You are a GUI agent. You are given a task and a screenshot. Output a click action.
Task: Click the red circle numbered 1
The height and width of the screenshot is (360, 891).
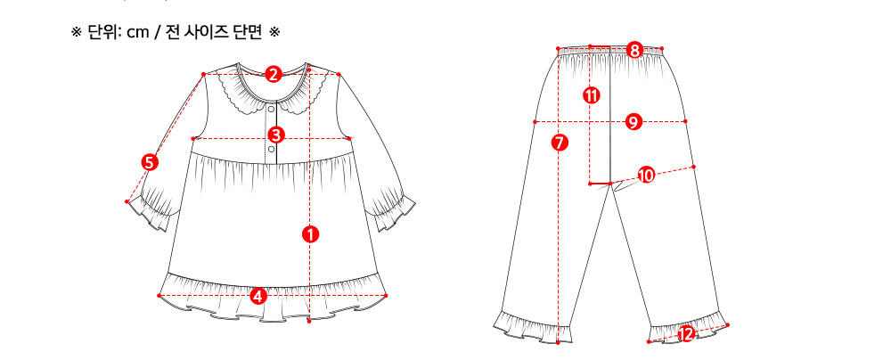pos(310,233)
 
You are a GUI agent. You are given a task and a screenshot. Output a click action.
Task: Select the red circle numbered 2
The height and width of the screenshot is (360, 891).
pos(274,74)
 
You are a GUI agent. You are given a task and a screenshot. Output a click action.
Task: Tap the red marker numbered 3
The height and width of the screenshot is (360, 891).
pos(275,135)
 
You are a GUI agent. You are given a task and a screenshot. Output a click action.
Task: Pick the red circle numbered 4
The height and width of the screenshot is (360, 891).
pos(258,296)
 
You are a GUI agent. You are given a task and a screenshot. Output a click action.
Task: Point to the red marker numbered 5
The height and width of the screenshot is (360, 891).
pos(150,162)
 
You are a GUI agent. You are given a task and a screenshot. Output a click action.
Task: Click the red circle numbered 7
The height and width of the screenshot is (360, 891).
pos(560,143)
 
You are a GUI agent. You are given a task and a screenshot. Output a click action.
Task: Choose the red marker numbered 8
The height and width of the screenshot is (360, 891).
pos(634,50)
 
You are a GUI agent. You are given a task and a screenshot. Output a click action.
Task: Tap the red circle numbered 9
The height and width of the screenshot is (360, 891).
pos(634,122)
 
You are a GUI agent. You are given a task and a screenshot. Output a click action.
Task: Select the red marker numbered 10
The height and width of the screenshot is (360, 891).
pos(646,176)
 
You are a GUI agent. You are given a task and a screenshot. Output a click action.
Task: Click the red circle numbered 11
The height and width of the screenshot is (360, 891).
pos(592,95)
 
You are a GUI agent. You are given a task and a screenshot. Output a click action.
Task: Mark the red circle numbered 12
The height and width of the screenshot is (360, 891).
pos(686,334)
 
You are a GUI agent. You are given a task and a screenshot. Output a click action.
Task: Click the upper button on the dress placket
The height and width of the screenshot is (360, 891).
pos(271,106)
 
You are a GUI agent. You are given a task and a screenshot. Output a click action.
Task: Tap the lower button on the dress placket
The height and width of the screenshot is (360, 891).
pos(271,149)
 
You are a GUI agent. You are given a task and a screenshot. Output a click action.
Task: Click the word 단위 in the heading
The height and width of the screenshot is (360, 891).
pos(100,33)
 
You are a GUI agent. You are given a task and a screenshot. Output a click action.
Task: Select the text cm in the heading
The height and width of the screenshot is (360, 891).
pos(137,34)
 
